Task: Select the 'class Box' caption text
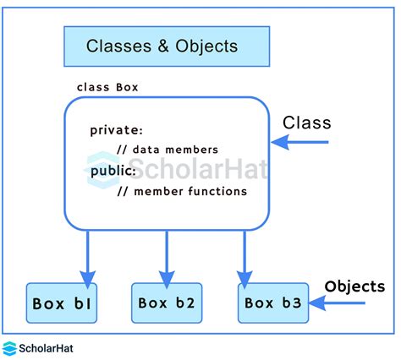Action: (x=107, y=87)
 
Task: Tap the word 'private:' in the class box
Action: (x=117, y=131)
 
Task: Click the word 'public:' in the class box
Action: (x=113, y=171)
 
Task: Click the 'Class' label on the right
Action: (x=306, y=123)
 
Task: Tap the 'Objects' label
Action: (x=354, y=286)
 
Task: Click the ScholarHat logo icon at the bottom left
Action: (x=11, y=347)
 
